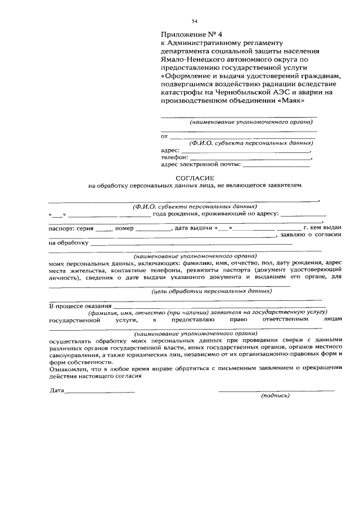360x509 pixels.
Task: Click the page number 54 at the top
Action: [x=195, y=21]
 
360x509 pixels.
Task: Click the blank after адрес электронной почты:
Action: [x=276, y=165]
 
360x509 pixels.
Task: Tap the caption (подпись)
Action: [x=275, y=395]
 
